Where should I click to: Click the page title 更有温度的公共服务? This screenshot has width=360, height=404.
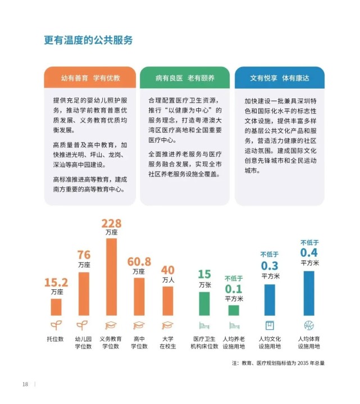88,40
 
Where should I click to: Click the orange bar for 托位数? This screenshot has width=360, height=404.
56,307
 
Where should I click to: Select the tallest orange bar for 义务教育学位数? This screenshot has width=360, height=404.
111,276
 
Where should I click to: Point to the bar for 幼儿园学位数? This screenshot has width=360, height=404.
84,293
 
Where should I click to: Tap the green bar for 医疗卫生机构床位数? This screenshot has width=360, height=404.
204,303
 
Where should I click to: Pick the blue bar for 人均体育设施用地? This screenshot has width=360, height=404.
309,293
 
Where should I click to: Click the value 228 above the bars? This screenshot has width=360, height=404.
111,224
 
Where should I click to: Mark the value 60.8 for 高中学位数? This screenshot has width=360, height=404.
139,262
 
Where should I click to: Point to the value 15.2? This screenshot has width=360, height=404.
56,283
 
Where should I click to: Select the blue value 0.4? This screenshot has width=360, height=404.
309,253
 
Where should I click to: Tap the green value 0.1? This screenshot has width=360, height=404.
234,288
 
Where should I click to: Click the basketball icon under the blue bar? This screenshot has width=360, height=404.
309,325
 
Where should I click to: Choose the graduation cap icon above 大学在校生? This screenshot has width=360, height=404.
167,325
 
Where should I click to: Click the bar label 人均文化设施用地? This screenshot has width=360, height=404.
270,343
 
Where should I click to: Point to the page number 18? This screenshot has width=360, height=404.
25,384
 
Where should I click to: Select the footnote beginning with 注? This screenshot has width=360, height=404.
278,363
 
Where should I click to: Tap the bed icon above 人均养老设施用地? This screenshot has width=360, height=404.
234,325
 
